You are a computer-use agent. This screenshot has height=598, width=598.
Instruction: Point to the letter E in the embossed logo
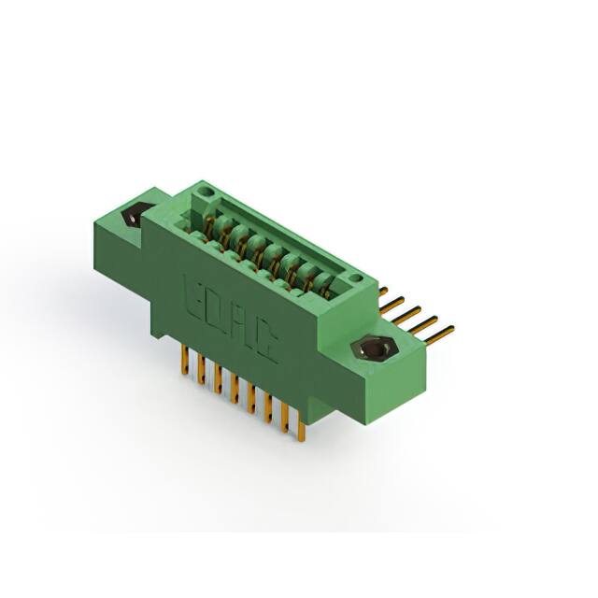pyautogui.click(x=197, y=292)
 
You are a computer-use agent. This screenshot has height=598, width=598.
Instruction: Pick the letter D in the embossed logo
pyautogui.click(x=218, y=308)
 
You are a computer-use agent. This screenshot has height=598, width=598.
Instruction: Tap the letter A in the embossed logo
pyautogui.click(x=242, y=326)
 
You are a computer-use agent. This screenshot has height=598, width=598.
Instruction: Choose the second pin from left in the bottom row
pyautogui.click(x=200, y=368)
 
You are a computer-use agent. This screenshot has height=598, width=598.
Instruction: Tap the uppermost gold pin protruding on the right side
pyautogui.click(x=383, y=291)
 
